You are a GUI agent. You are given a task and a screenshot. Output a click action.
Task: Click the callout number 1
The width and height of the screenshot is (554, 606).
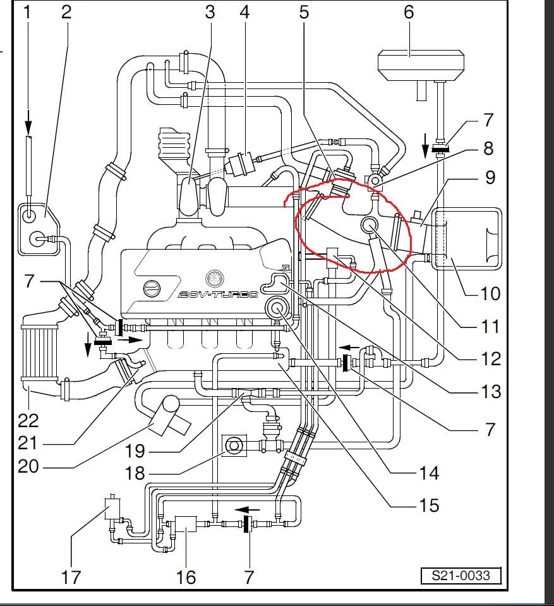27,11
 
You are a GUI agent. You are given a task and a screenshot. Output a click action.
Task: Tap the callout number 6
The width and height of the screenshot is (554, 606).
409,11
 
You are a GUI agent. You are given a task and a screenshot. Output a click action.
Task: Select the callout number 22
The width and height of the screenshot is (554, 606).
28,420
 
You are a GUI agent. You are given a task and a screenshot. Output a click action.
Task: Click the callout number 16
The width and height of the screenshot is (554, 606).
185,576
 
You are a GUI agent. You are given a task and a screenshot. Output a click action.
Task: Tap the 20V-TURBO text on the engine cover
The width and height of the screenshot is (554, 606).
218,294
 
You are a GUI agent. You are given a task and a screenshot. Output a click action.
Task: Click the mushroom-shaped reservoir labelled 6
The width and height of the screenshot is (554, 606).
421,64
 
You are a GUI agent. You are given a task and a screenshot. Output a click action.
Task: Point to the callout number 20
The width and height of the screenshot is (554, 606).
28,466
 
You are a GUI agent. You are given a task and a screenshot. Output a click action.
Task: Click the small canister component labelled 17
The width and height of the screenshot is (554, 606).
112,508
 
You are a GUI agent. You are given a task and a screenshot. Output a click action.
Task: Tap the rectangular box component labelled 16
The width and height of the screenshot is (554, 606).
185,525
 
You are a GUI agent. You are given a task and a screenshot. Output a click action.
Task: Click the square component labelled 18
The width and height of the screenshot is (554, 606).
234,446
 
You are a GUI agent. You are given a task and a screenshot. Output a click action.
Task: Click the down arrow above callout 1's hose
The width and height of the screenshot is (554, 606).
28,119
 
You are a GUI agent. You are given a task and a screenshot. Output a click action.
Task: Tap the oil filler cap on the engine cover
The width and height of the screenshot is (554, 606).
152,289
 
